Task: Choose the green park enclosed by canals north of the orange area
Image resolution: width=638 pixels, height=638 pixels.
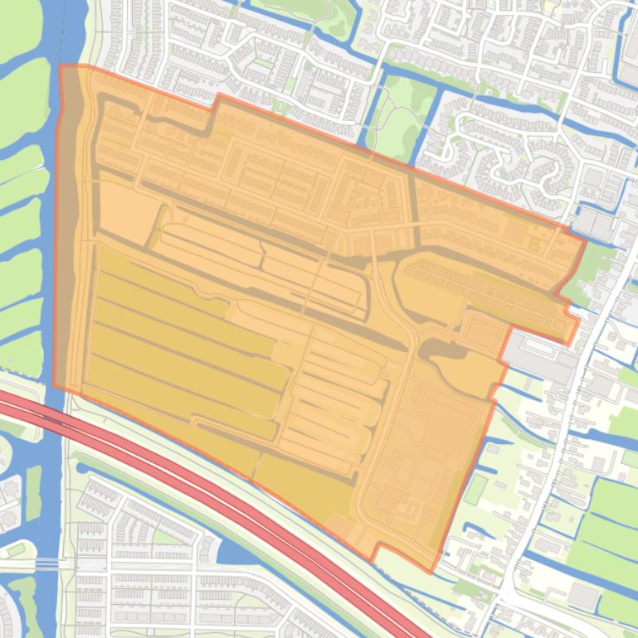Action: (x=398, y=124)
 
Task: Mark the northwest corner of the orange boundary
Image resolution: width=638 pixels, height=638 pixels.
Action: (x=61, y=66)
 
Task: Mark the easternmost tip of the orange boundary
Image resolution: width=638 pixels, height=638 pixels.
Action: (x=586, y=242)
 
